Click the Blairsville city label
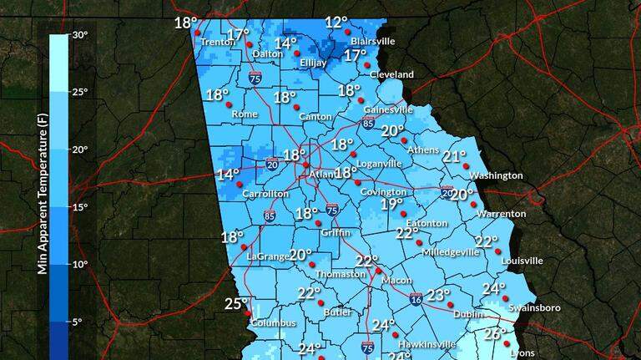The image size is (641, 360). click(372, 39)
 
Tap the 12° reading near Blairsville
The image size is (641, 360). click(336, 23)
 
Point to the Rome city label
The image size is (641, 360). click(245, 114)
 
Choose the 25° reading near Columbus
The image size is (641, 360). click(237, 305)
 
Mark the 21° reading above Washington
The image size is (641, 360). click(455, 157)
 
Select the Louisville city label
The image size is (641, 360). click(522, 261)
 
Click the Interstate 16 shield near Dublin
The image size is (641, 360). click(416, 299)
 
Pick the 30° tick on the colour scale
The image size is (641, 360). click(79, 35)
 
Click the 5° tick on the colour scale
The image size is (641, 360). click(77, 322)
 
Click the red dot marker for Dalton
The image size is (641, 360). click(250, 44)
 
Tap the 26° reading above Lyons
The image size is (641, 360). click(496, 334)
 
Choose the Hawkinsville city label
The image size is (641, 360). click(427, 343)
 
